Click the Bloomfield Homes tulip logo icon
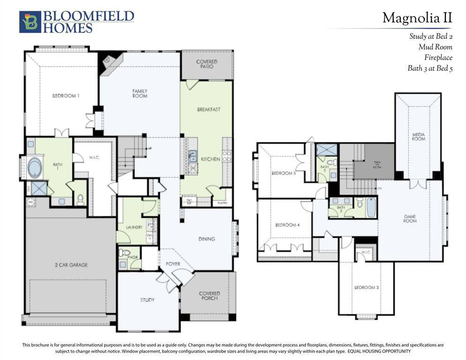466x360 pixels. pyautogui.click(x=30, y=22)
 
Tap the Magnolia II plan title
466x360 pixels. pyautogui.click(x=417, y=18)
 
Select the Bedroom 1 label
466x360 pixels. pyautogui.click(x=66, y=96)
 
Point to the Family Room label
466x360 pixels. pyautogui.click(x=140, y=93)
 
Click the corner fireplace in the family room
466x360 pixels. pyautogui.click(x=107, y=60)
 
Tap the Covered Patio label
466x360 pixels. pyautogui.click(x=207, y=64)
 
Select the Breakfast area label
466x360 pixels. pyautogui.click(x=209, y=110)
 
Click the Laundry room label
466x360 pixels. pyautogui.click(x=134, y=227)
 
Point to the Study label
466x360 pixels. pyautogui.click(x=147, y=300)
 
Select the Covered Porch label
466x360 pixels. pyautogui.click(x=209, y=296)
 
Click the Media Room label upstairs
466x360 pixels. pyautogui.click(x=418, y=136)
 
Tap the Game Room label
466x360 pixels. pyautogui.click(x=410, y=218)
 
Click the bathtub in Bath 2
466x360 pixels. pyautogui.click(x=371, y=207)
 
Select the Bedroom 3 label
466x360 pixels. pyautogui.click(x=366, y=287)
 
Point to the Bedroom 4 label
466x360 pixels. pyautogui.click(x=287, y=225)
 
